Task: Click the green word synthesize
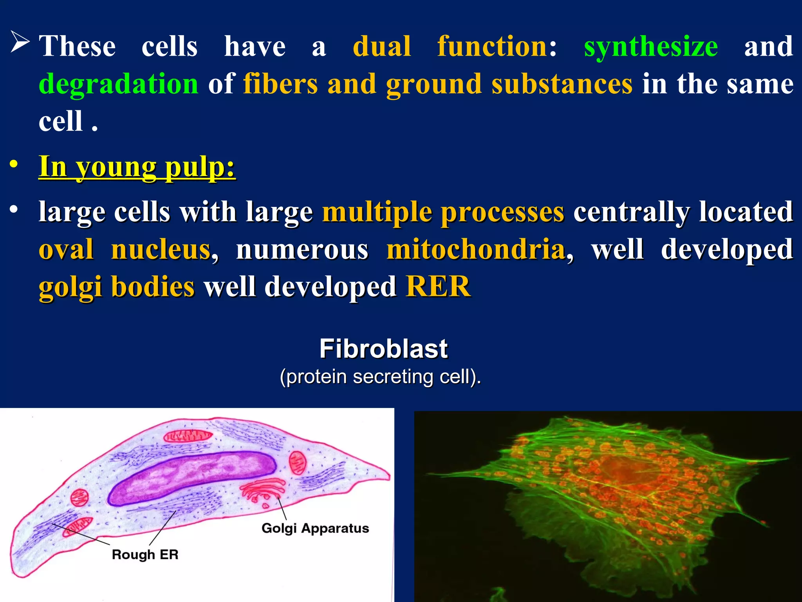650,47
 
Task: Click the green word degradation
119,84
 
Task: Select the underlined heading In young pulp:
137,167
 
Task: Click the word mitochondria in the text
476,250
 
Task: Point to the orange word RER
438,286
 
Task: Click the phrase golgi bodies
116,286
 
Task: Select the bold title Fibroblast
383,348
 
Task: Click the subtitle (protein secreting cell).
380,377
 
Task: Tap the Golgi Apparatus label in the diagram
315,528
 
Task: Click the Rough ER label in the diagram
145,554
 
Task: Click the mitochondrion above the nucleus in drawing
188,436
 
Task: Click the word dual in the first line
382,47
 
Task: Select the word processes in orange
502,212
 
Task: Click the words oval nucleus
125,250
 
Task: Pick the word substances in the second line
562,84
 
